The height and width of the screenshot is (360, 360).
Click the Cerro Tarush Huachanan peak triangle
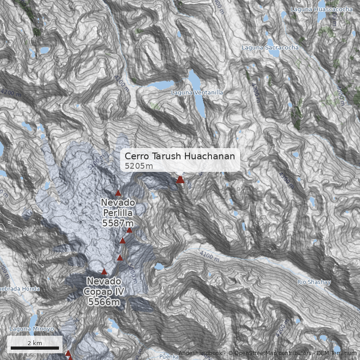point(180,179)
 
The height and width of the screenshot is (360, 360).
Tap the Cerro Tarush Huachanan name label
point(180,156)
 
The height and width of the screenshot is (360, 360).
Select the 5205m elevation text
point(139,166)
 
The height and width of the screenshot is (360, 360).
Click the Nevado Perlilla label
point(118,207)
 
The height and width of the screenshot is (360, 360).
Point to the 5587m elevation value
point(118,223)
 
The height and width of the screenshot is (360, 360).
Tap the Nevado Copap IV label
point(104,286)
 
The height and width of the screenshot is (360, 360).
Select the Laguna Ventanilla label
point(197,93)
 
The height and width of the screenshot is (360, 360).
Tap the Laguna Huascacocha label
point(321,9)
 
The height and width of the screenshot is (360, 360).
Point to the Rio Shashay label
point(314,283)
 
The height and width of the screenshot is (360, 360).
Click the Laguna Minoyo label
point(31,329)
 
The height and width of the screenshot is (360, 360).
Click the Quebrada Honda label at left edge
point(20,288)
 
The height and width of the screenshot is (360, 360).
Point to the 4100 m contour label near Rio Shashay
point(209,256)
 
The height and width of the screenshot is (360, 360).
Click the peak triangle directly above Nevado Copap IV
point(104,271)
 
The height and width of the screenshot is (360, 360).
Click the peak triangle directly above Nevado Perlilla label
point(118,193)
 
